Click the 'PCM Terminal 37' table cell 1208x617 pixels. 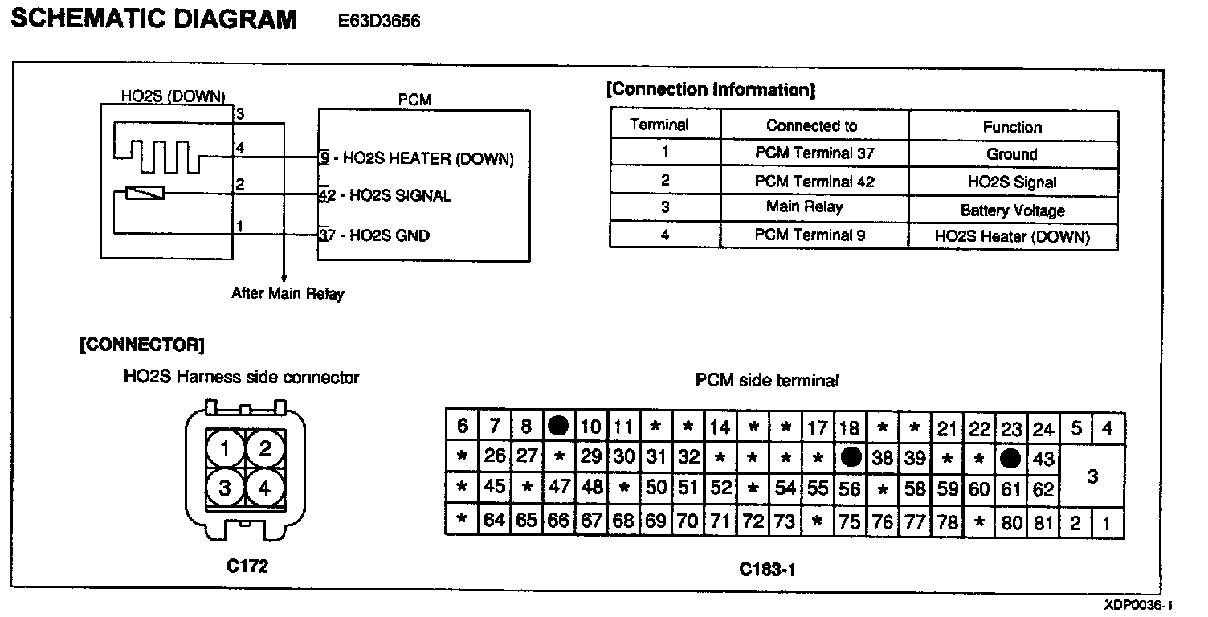pos(814,153)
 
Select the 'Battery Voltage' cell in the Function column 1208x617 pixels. pos(1012,210)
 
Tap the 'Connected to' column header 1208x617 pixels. pos(811,125)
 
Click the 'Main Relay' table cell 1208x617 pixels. pos(804,206)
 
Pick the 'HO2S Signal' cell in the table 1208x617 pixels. pos(1012,182)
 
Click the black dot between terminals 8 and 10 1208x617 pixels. pos(558,426)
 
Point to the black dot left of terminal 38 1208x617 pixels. pos(851,457)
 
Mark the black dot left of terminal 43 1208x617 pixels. pos(1011,458)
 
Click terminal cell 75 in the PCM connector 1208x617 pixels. pos(849,521)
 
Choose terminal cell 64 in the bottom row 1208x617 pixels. pos(495,521)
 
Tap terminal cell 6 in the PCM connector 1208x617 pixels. pos(462,426)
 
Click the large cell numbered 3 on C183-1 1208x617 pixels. pos(1092,476)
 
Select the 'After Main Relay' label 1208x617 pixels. pos(288,293)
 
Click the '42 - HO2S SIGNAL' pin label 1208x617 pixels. pos(386,195)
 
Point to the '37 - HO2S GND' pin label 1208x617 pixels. pos(374,235)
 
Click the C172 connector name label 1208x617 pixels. pos(247,566)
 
